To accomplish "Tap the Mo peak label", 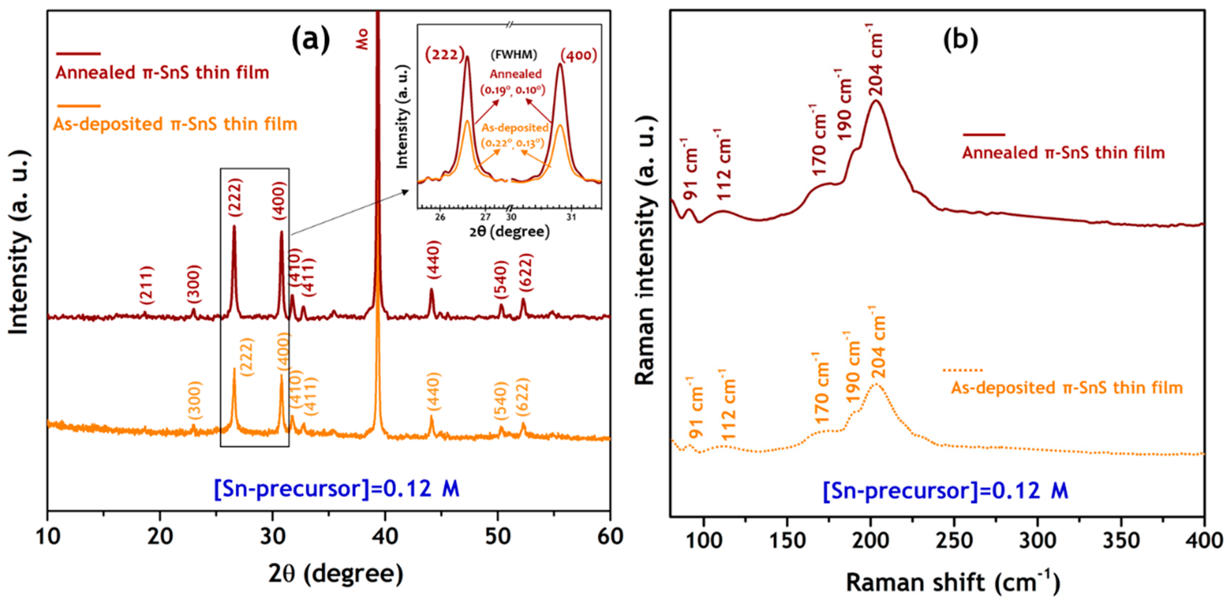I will [x=362, y=39].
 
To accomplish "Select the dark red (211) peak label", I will [x=147, y=285].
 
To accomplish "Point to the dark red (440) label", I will [x=433, y=260].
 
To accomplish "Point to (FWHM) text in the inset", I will [x=514, y=55].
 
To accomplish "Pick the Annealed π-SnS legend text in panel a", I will [x=162, y=73].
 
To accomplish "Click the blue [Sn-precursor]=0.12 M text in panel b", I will [x=945, y=490].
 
